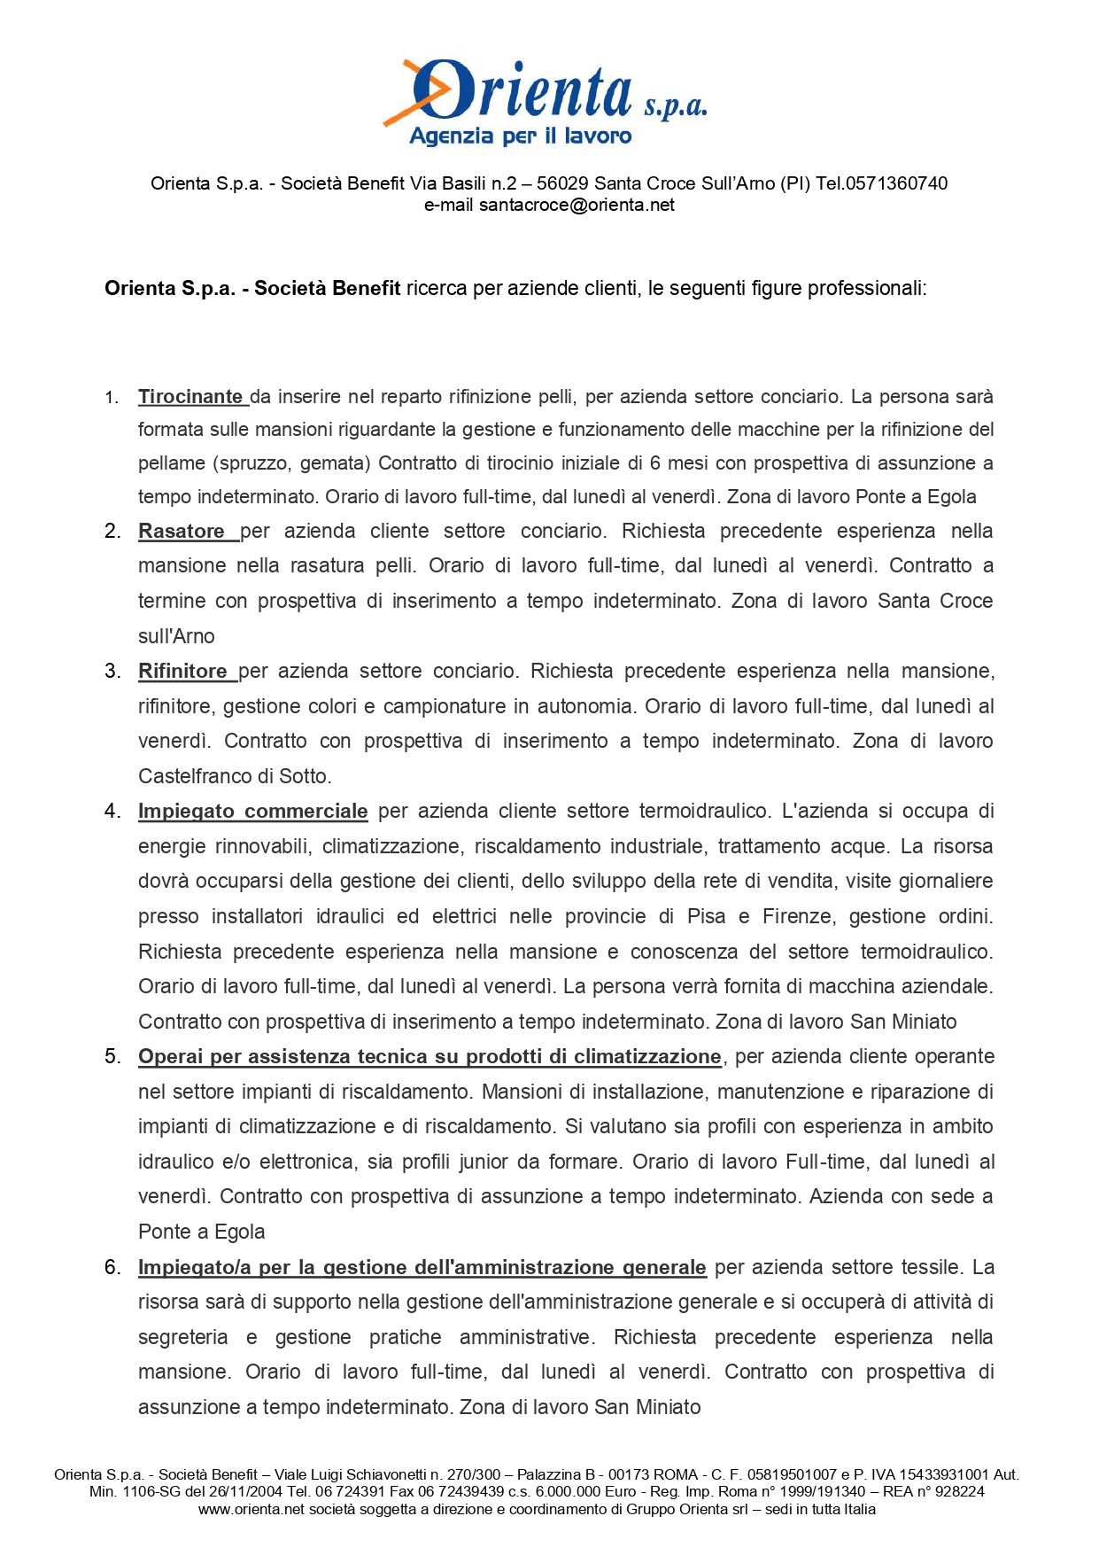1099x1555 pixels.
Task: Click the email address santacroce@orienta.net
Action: (577, 206)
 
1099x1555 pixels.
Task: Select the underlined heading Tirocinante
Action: (190, 397)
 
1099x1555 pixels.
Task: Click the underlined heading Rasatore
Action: (182, 532)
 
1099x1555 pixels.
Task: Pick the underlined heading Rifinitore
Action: (182, 672)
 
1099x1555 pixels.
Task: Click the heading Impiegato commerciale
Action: (252, 812)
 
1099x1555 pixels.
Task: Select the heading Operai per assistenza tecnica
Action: (430, 1057)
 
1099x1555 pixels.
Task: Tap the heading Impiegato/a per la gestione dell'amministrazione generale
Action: (422, 1268)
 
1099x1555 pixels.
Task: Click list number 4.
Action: (112, 812)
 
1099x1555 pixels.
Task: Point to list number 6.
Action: (112, 1268)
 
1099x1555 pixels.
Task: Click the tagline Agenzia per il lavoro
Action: (521, 136)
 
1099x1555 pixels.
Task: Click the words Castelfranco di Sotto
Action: (234, 777)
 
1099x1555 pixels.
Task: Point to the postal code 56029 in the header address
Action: (562, 183)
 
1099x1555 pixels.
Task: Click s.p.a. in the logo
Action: (675, 107)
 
